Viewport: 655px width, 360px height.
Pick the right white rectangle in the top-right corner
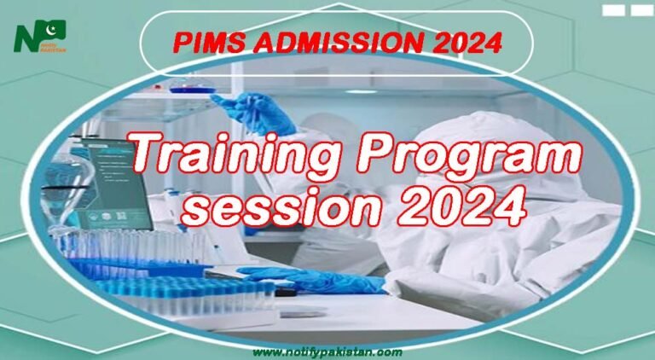[x=641, y=10]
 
